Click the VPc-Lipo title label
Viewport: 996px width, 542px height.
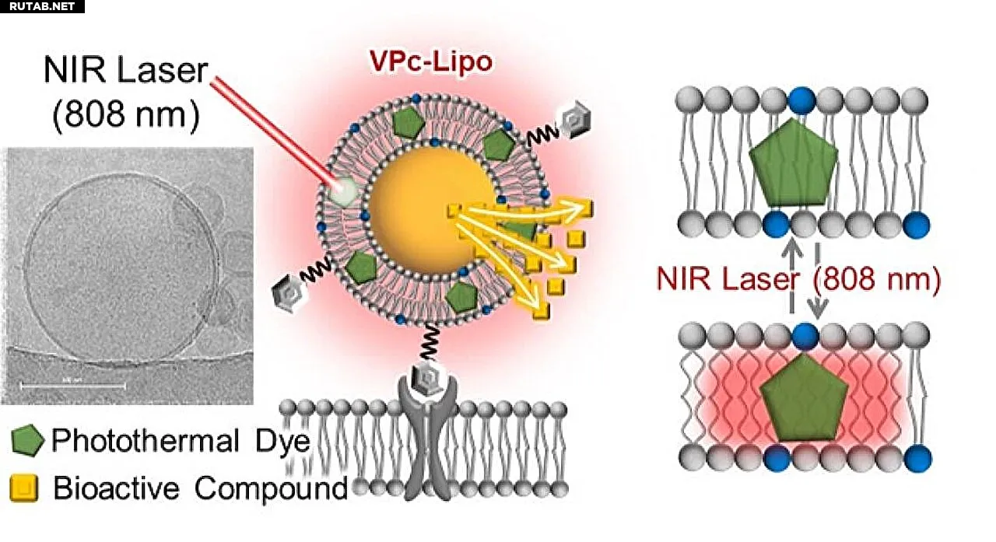(x=430, y=63)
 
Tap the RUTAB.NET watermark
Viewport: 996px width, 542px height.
(x=42, y=6)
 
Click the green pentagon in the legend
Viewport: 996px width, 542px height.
(x=29, y=442)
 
